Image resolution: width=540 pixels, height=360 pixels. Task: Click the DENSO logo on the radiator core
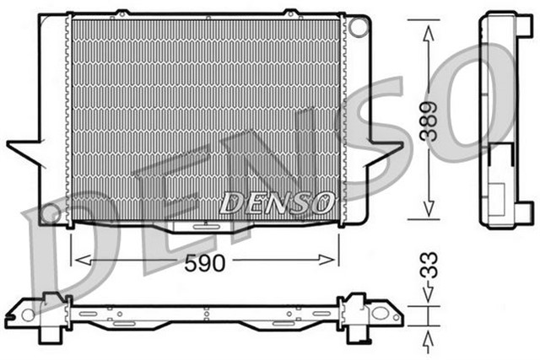click(277, 202)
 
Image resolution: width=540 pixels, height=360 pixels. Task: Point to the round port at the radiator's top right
click(359, 27)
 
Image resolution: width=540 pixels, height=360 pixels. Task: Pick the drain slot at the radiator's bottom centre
click(203, 225)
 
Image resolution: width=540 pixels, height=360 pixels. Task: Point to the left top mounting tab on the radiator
click(121, 12)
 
